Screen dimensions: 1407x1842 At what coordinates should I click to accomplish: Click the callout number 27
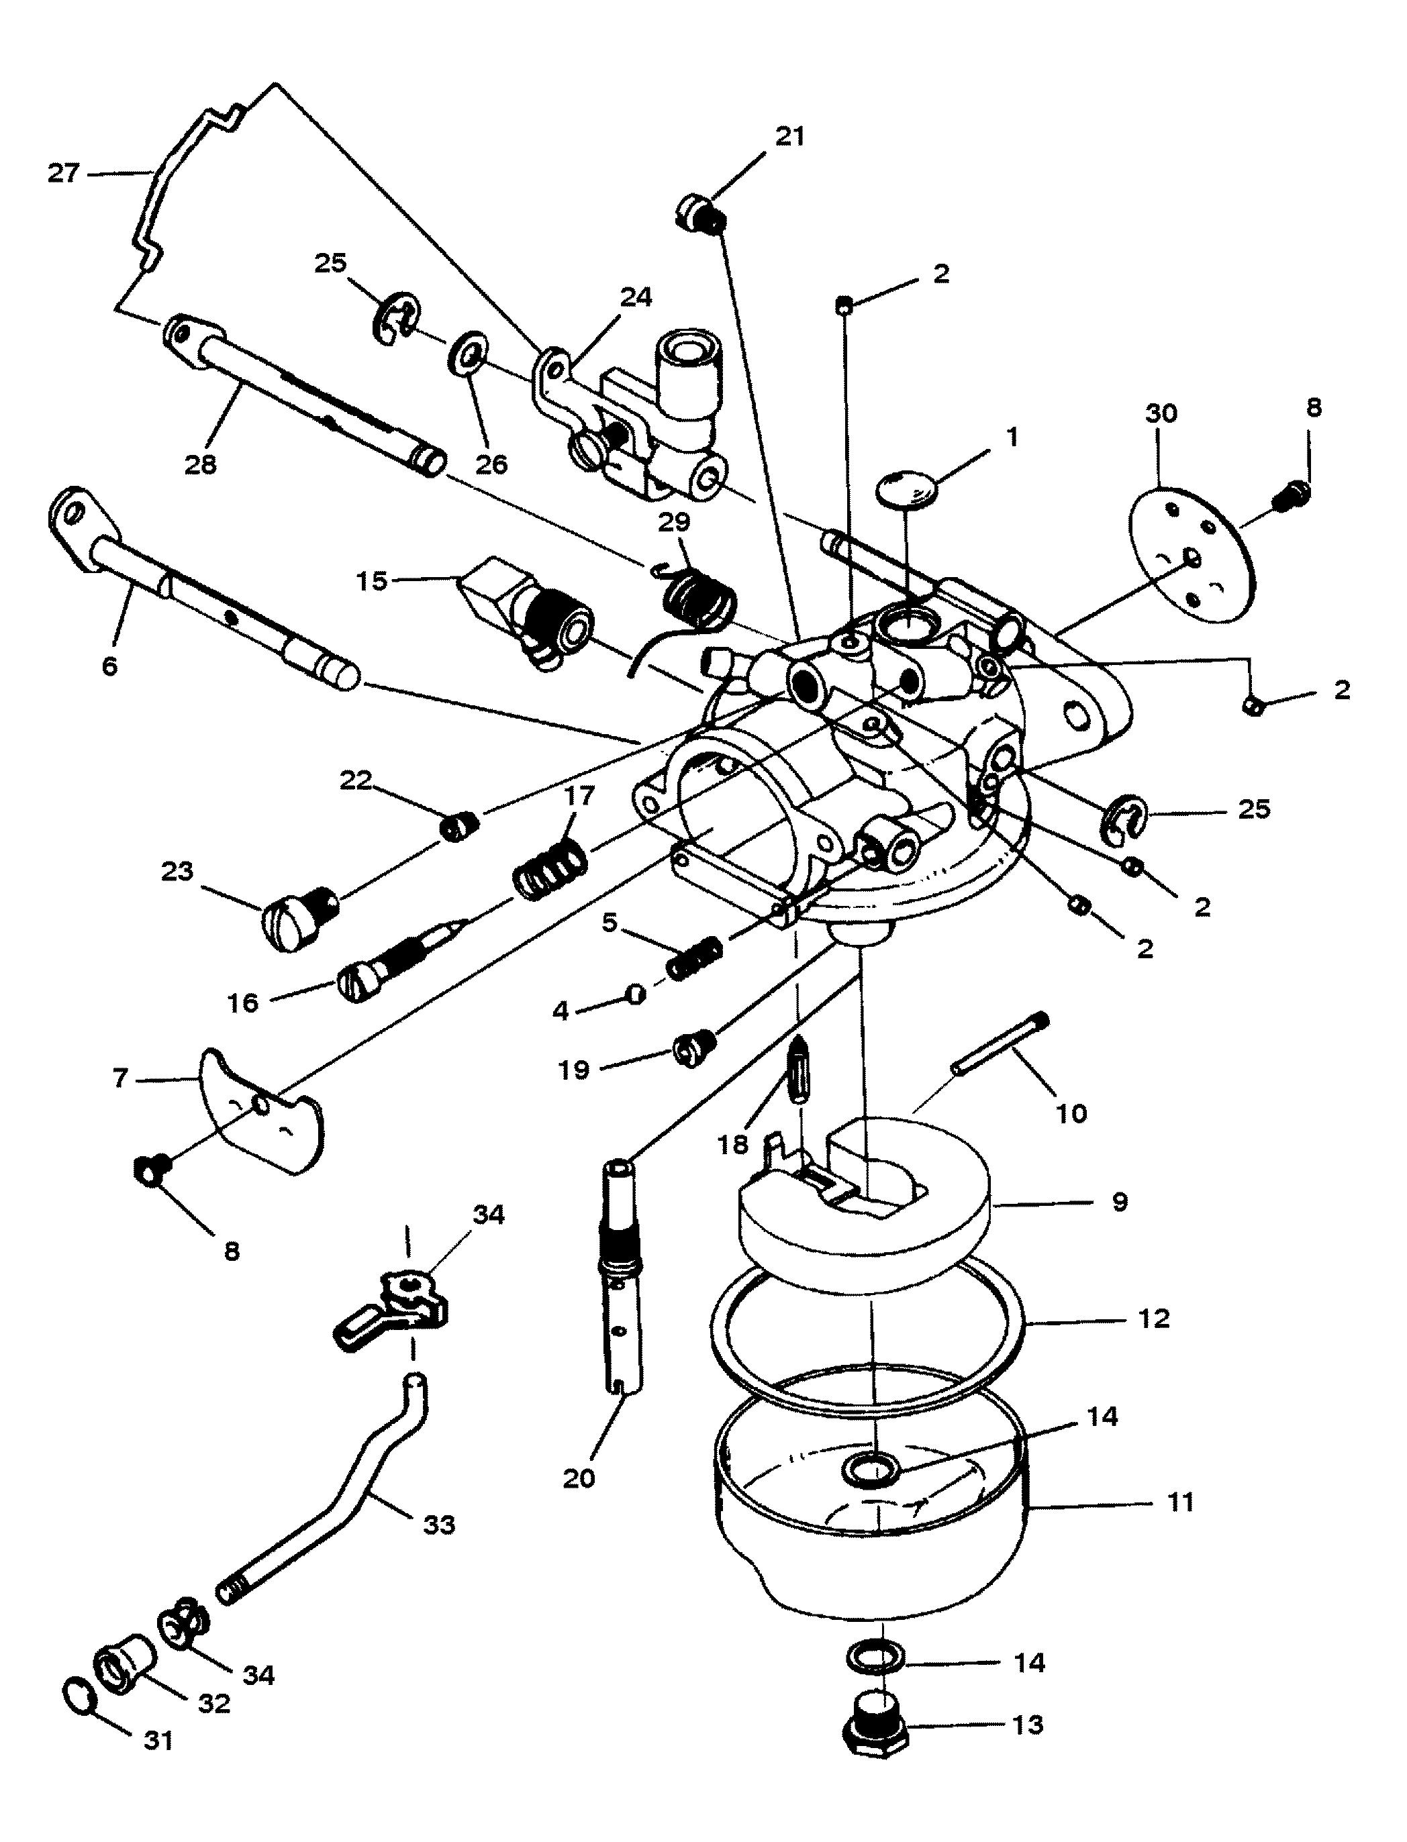pyautogui.click(x=63, y=174)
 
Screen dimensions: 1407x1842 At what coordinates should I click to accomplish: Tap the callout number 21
pyautogui.click(x=789, y=136)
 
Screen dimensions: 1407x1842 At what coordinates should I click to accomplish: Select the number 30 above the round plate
pyautogui.click(x=1161, y=413)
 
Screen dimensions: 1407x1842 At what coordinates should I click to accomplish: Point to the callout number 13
pyautogui.click(x=1028, y=1725)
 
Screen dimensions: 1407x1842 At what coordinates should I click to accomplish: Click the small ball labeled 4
pyautogui.click(x=636, y=994)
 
